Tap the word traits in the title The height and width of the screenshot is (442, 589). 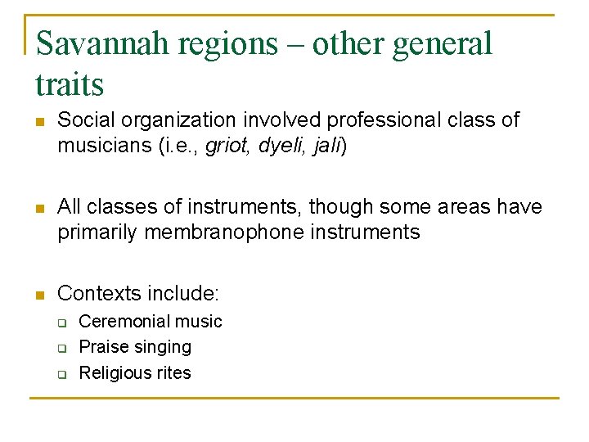(x=70, y=83)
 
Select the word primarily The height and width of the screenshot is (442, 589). (x=97, y=232)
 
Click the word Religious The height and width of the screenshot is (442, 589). (x=115, y=373)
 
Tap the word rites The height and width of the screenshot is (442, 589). (x=173, y=373)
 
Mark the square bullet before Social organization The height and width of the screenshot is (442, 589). (x=38, y=122)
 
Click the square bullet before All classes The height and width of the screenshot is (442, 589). (x=38, y=208)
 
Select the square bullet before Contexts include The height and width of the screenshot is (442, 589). (x=38, y=294)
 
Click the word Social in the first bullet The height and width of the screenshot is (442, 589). (x=83, y=121)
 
